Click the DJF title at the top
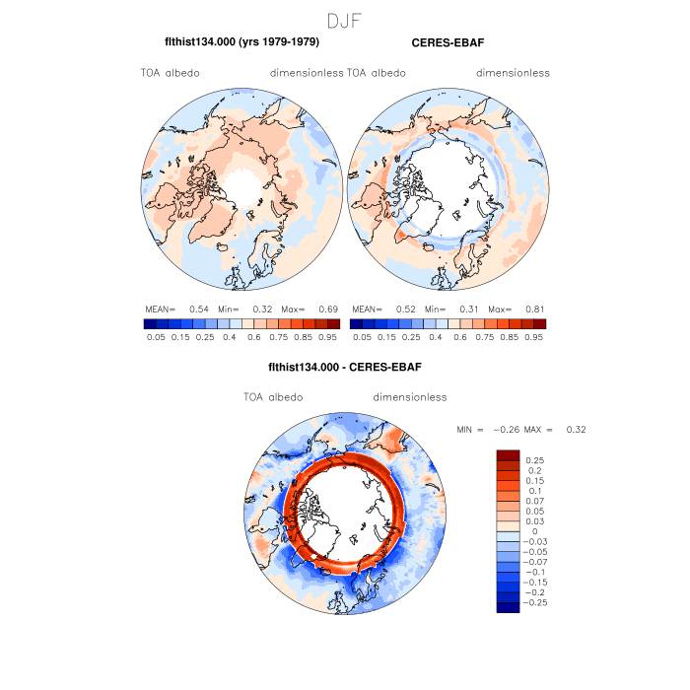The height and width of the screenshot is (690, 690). [x=345, y=20]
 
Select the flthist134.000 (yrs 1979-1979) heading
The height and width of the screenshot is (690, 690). [x=241, y=43]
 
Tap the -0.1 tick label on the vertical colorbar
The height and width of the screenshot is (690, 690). [x=535, y=572]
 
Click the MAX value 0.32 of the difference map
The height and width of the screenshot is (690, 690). [x=576, y=430]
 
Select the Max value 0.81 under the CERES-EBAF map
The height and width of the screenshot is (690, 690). [x=533, y=309]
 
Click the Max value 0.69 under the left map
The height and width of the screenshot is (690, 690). [x=326, y=309]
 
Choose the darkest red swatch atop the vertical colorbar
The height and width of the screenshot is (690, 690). [x=508, y=454]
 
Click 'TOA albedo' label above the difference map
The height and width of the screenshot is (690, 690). [x=273, y=397]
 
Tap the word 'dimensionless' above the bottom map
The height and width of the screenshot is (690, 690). [x=410, y=397]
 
